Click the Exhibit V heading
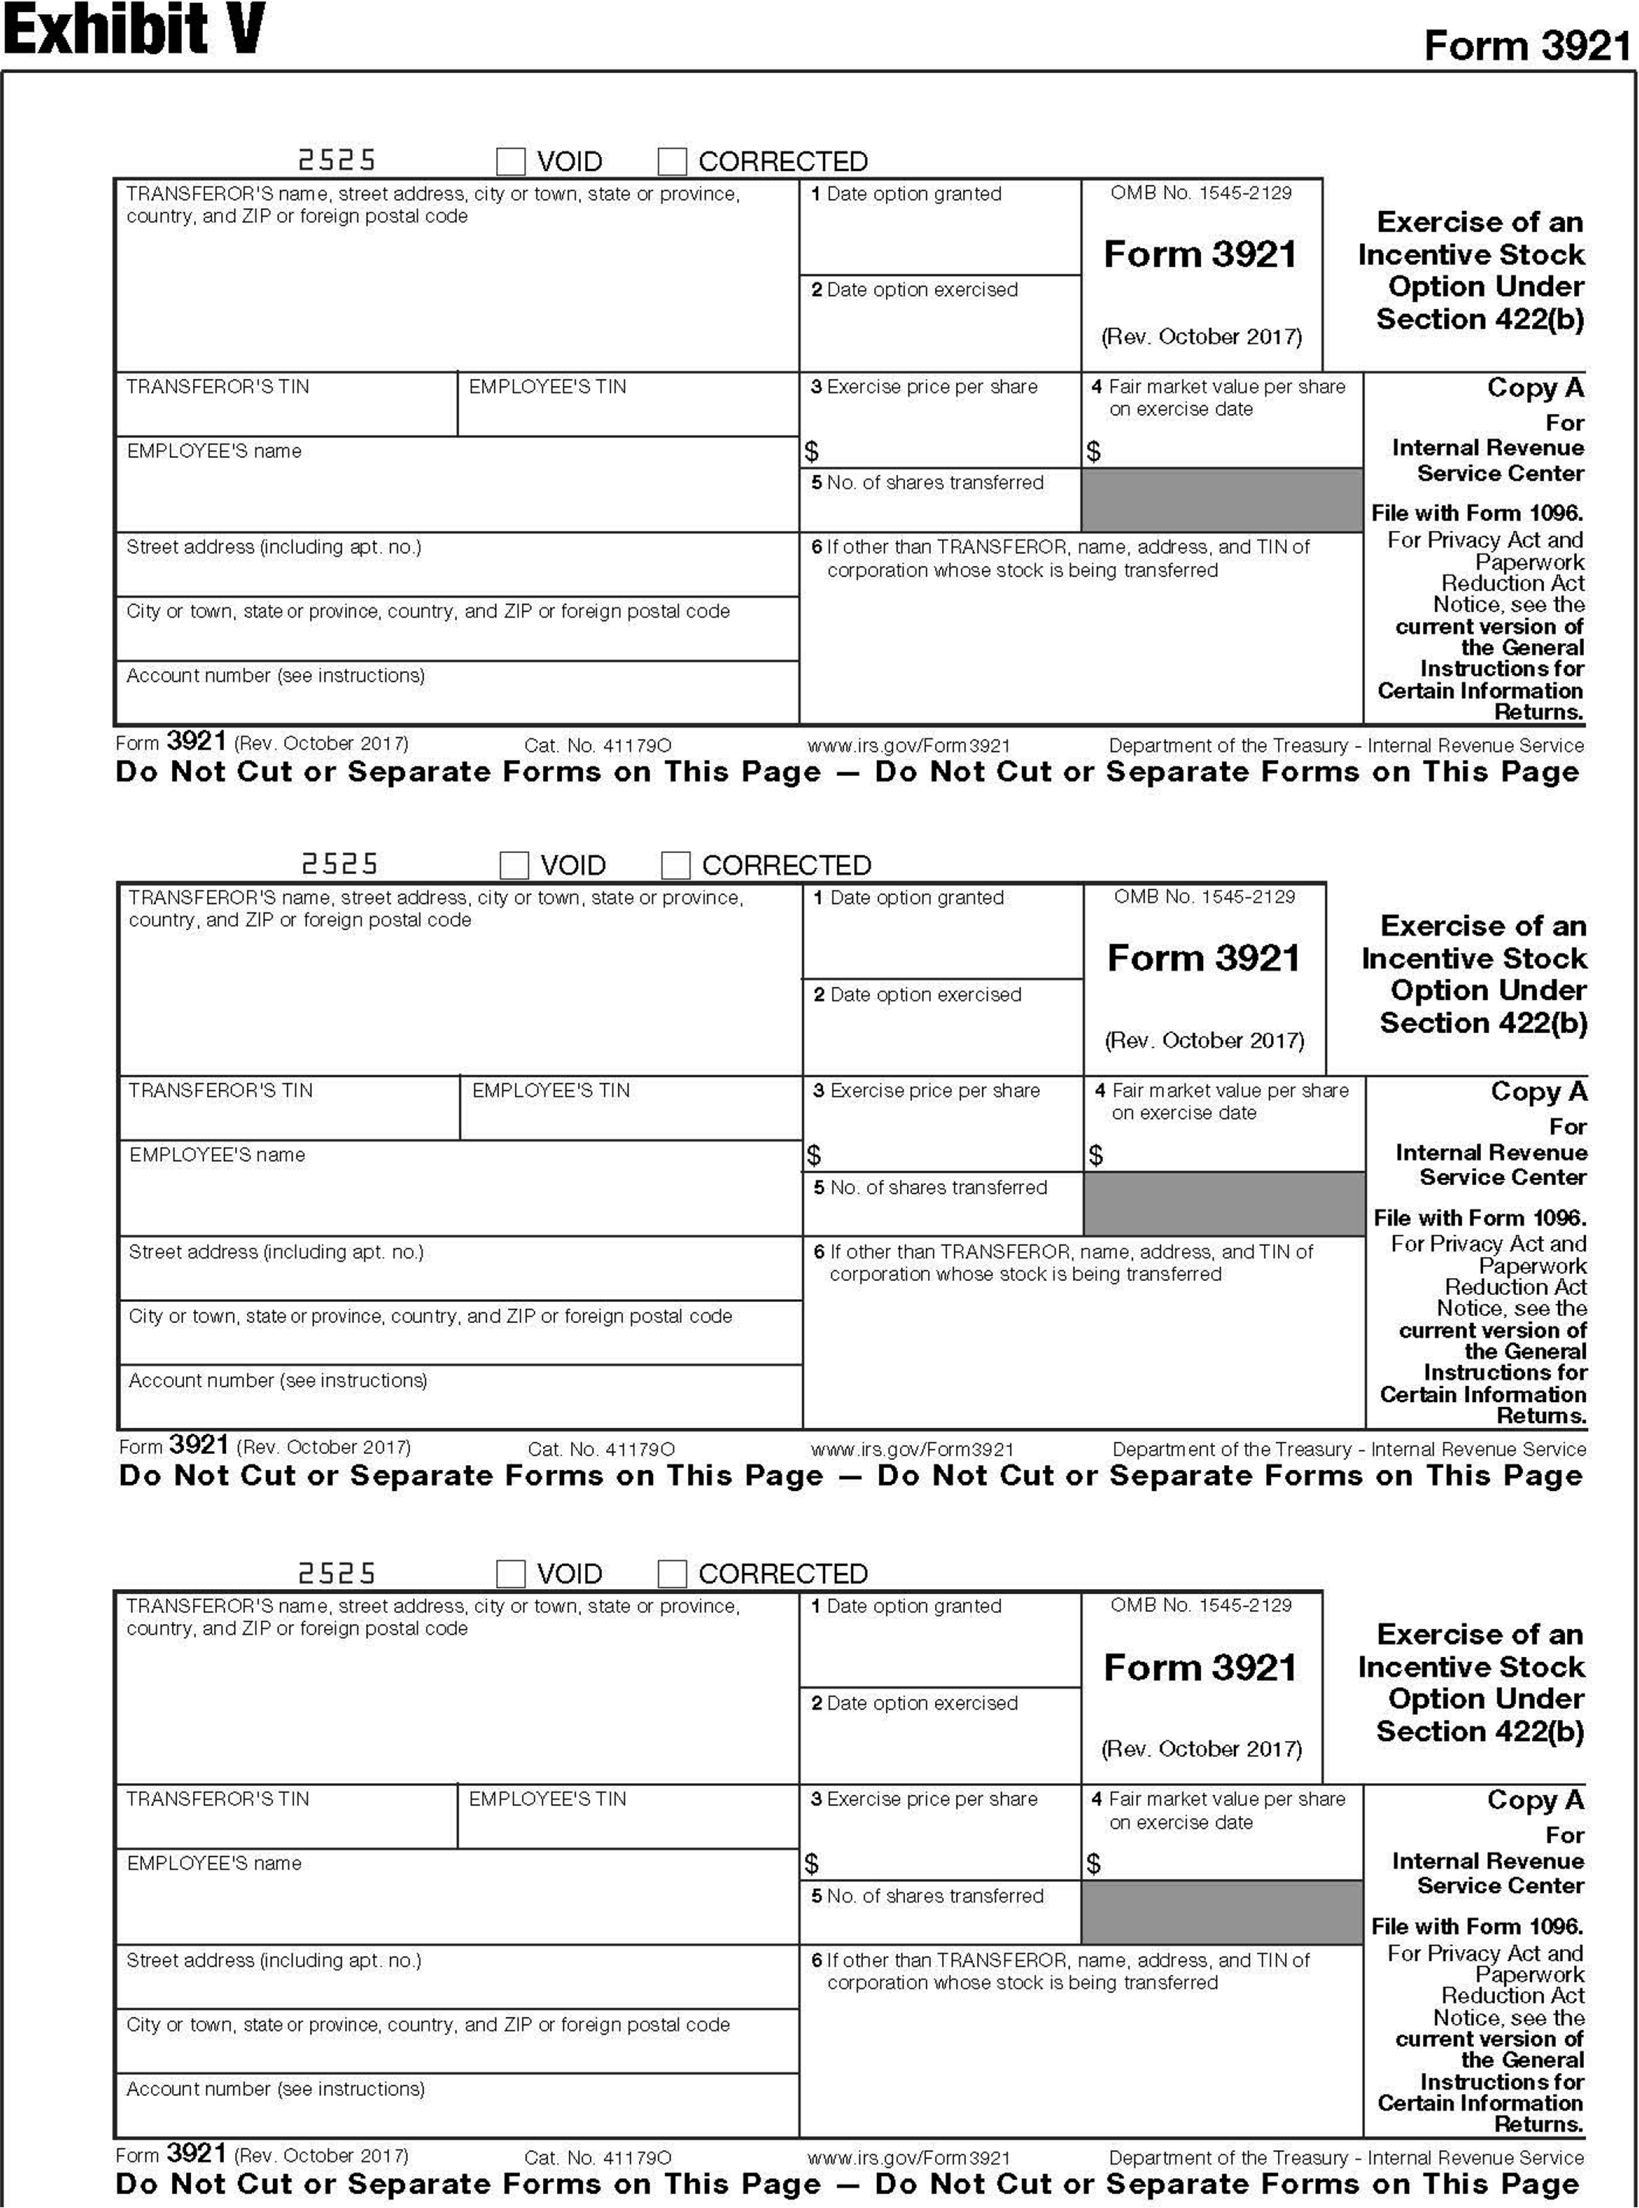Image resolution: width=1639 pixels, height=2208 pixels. [x=134, y=30]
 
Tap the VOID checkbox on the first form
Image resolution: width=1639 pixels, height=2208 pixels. [x=511, y=161]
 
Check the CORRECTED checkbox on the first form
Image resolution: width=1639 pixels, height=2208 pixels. [x=673, y=161]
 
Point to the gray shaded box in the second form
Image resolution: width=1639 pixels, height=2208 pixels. [x=1224, y=1203]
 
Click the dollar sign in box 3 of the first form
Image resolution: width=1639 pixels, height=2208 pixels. [x=812, y=452]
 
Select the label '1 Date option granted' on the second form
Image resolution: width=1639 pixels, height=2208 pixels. [x=909, y=898]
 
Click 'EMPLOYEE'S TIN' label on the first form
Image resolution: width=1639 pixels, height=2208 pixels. [x=548, y=387]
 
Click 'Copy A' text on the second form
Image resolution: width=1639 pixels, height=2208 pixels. [x=1538, y=1091]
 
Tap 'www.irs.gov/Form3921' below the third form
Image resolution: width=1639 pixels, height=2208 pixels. [x=909, y=2157]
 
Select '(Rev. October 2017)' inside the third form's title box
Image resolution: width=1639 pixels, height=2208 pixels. [x=1201, y=1749]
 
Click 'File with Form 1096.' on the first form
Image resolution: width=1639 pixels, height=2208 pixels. [x=1477, y=513]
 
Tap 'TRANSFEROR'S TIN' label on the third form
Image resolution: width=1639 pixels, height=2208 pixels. [x=218, y=1799]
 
